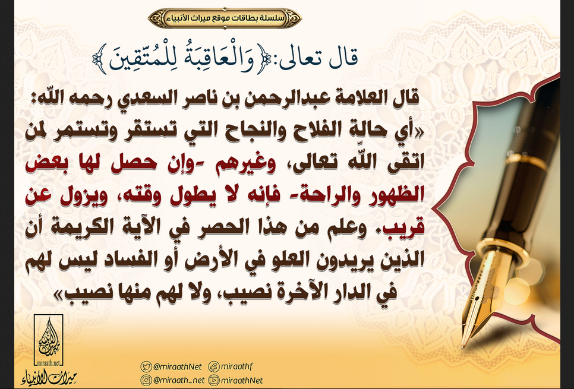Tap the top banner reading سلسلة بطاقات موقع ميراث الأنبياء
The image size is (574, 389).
[x=225, y=18]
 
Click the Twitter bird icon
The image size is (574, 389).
[x=146, y=366]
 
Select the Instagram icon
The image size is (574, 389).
[x=146, y=380]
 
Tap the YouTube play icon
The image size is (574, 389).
[x=214, y=380]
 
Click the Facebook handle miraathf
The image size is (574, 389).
[x=237, y=366]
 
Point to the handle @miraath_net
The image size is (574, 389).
[x=179, y=381]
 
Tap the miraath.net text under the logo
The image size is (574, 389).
[x=48, y=363]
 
